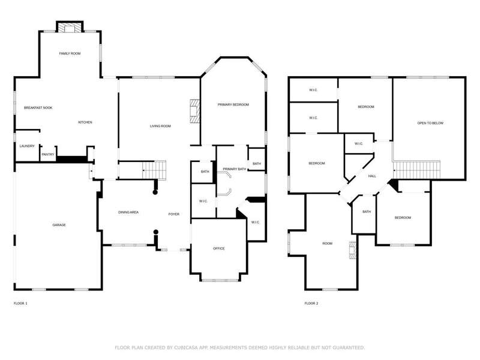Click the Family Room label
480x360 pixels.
point(70,53)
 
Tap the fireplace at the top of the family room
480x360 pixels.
point(70,28)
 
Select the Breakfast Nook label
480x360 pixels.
point(38,108)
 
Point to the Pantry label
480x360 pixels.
point(48,155)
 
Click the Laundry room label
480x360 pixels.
point(27,146)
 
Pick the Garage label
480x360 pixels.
point(59,225)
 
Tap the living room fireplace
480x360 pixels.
point(194,111)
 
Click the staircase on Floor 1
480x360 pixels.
point(154,170)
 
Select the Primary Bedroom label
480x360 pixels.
point(233,104)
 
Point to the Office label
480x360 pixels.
point(219,248)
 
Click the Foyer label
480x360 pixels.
point(174,214)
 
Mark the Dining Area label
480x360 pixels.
point(128,212)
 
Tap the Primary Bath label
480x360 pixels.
point(235,169)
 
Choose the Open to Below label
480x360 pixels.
point(430,124)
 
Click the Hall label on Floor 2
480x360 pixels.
point(372,176)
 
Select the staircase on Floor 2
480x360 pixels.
point(416,170)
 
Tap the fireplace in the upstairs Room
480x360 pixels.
point(353,250)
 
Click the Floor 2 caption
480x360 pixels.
point(311,304)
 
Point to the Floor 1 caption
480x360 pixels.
point(20,304)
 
